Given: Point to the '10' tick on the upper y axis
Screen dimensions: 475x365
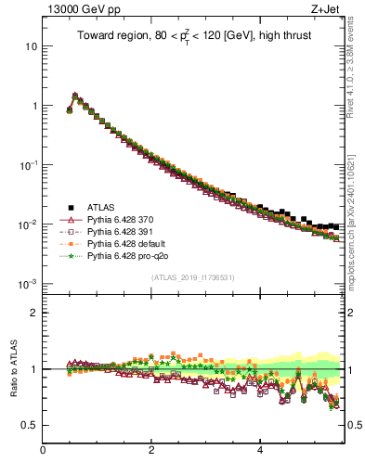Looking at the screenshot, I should click(32, 46).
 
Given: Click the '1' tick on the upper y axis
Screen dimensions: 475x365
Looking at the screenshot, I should click(34, 106).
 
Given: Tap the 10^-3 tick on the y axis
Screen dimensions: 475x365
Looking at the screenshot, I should click(29, 283).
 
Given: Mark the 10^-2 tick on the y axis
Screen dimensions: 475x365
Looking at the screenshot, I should click(29, 224).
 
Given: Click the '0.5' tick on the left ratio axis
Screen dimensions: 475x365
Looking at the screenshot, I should click(30, 426).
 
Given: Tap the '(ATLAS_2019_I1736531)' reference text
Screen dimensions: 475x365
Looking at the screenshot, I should click(192, 277).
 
